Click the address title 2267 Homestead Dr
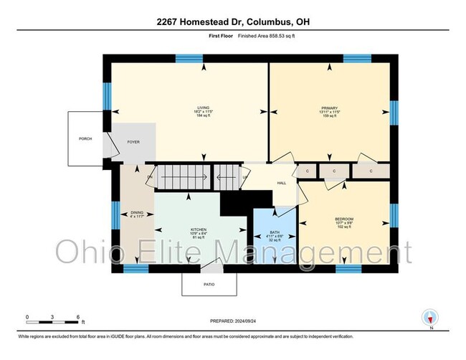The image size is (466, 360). (x=232, y=22)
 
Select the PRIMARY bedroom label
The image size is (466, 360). (x=329, y=108)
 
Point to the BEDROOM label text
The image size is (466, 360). (x=343, y=218)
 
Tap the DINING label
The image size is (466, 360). (x=136, y=212)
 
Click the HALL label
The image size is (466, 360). (x=282, y=183)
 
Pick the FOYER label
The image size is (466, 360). (x=133, y=142)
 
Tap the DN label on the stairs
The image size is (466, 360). (x=151, y=176)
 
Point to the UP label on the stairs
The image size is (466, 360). (x=245, y=176)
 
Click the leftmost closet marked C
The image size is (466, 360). (x=307, y=171)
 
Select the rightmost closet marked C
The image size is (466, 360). (x=371, y=171)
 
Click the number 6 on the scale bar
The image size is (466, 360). (x=77, y=316)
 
